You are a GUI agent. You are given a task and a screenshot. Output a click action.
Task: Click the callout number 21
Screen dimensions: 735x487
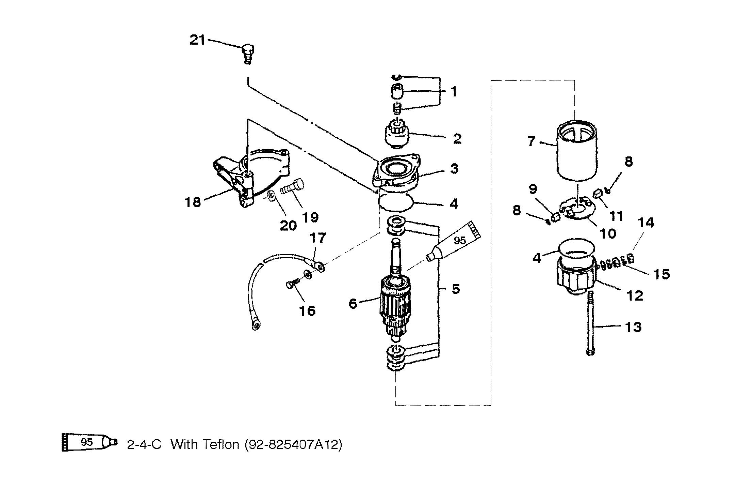tap(197, 40)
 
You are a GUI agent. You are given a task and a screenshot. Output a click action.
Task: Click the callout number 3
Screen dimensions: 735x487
tap(454, 168)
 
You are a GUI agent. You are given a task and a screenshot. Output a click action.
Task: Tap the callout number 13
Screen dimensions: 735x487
tap(633, 327)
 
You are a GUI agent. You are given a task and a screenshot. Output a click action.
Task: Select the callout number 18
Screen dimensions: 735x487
tap(193, 202)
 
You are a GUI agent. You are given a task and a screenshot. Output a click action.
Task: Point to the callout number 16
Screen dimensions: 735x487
tap(307, 310)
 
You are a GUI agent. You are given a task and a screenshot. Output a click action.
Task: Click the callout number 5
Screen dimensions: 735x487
tap(456, 289)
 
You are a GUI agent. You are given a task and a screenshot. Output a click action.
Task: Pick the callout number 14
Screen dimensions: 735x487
tap(646, 223)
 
